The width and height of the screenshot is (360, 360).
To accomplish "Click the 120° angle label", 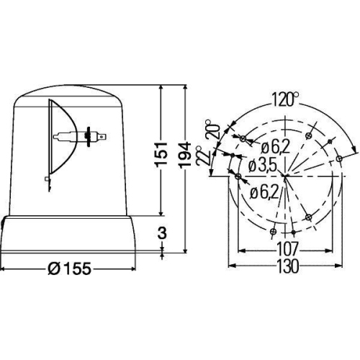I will coord(287,99).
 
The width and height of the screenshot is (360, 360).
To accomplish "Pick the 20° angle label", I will coord(210,131).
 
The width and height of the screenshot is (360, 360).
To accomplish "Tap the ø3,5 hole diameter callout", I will coord(261,166).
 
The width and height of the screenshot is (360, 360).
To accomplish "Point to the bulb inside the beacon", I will coord(72,135).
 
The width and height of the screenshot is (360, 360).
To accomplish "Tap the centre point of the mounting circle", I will coord(286,175).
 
